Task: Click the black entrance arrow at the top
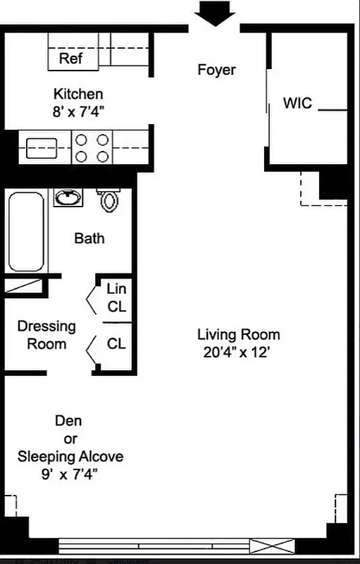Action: click(x=216, y=13)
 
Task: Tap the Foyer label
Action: click(x=216, y=70)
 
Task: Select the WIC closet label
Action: click(x=298, y=103)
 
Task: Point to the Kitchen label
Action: click(x=78, y=94)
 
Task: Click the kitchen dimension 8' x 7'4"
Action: click(x=78, y=110)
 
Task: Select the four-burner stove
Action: click(x=93, y=148)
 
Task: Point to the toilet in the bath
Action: click(x=108, y=200)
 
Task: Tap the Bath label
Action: click(x=89, y=238)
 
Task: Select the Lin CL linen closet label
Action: click(x=116, y=297)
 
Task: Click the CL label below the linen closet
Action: click(x=116, y=343)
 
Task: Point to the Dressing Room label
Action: click(x=46, y=335)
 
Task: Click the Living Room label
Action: click(x=238, y=334)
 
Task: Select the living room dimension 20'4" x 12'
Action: click(x=234, y=352)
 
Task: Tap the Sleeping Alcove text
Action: click(x=70, y=456)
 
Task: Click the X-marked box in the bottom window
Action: click(x=272, y=545)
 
